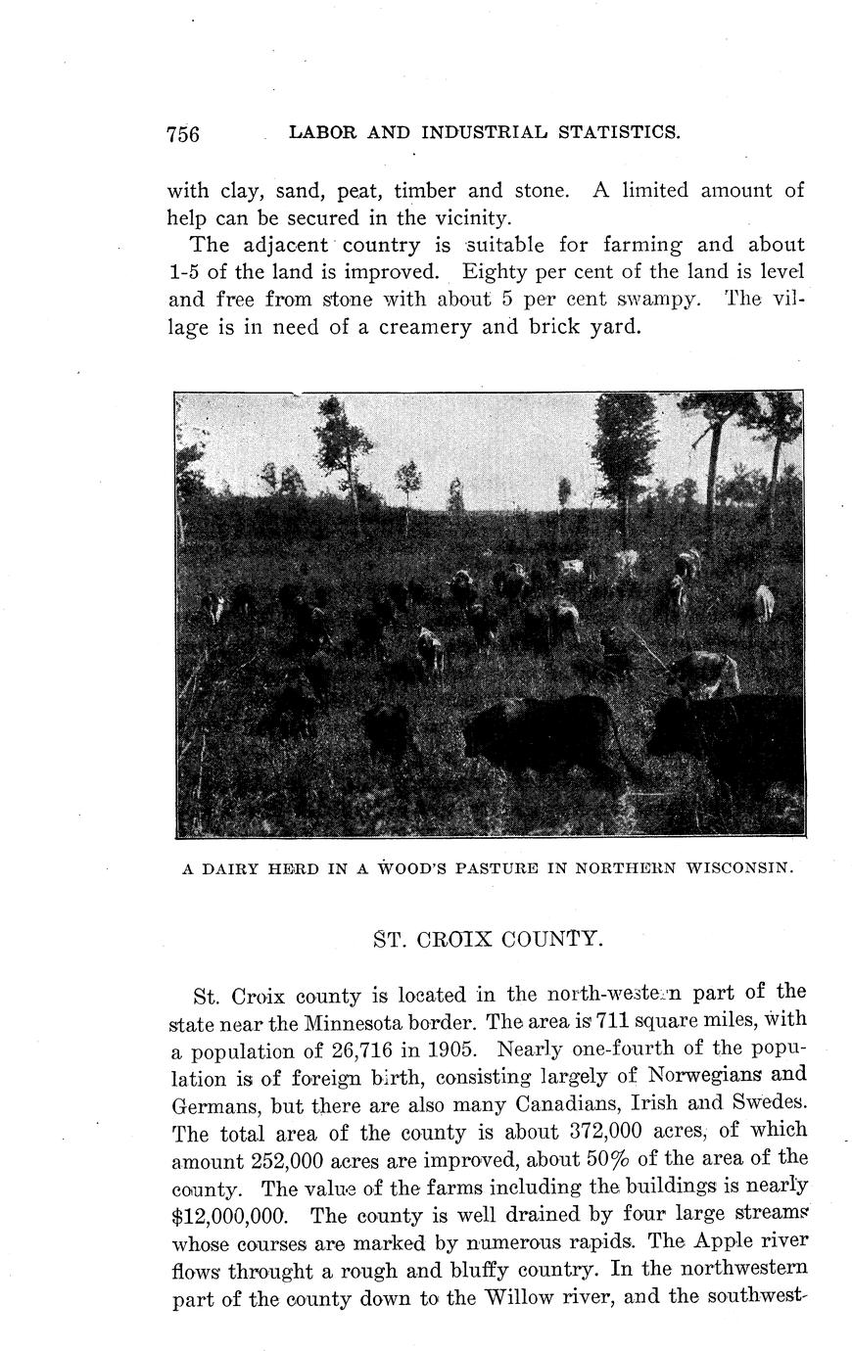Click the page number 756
pyautogui.click(x=183, y=134)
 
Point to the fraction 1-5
pyautogui.click(x=185, y=271)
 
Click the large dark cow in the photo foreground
pyautogui.click(x=544, y=734)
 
